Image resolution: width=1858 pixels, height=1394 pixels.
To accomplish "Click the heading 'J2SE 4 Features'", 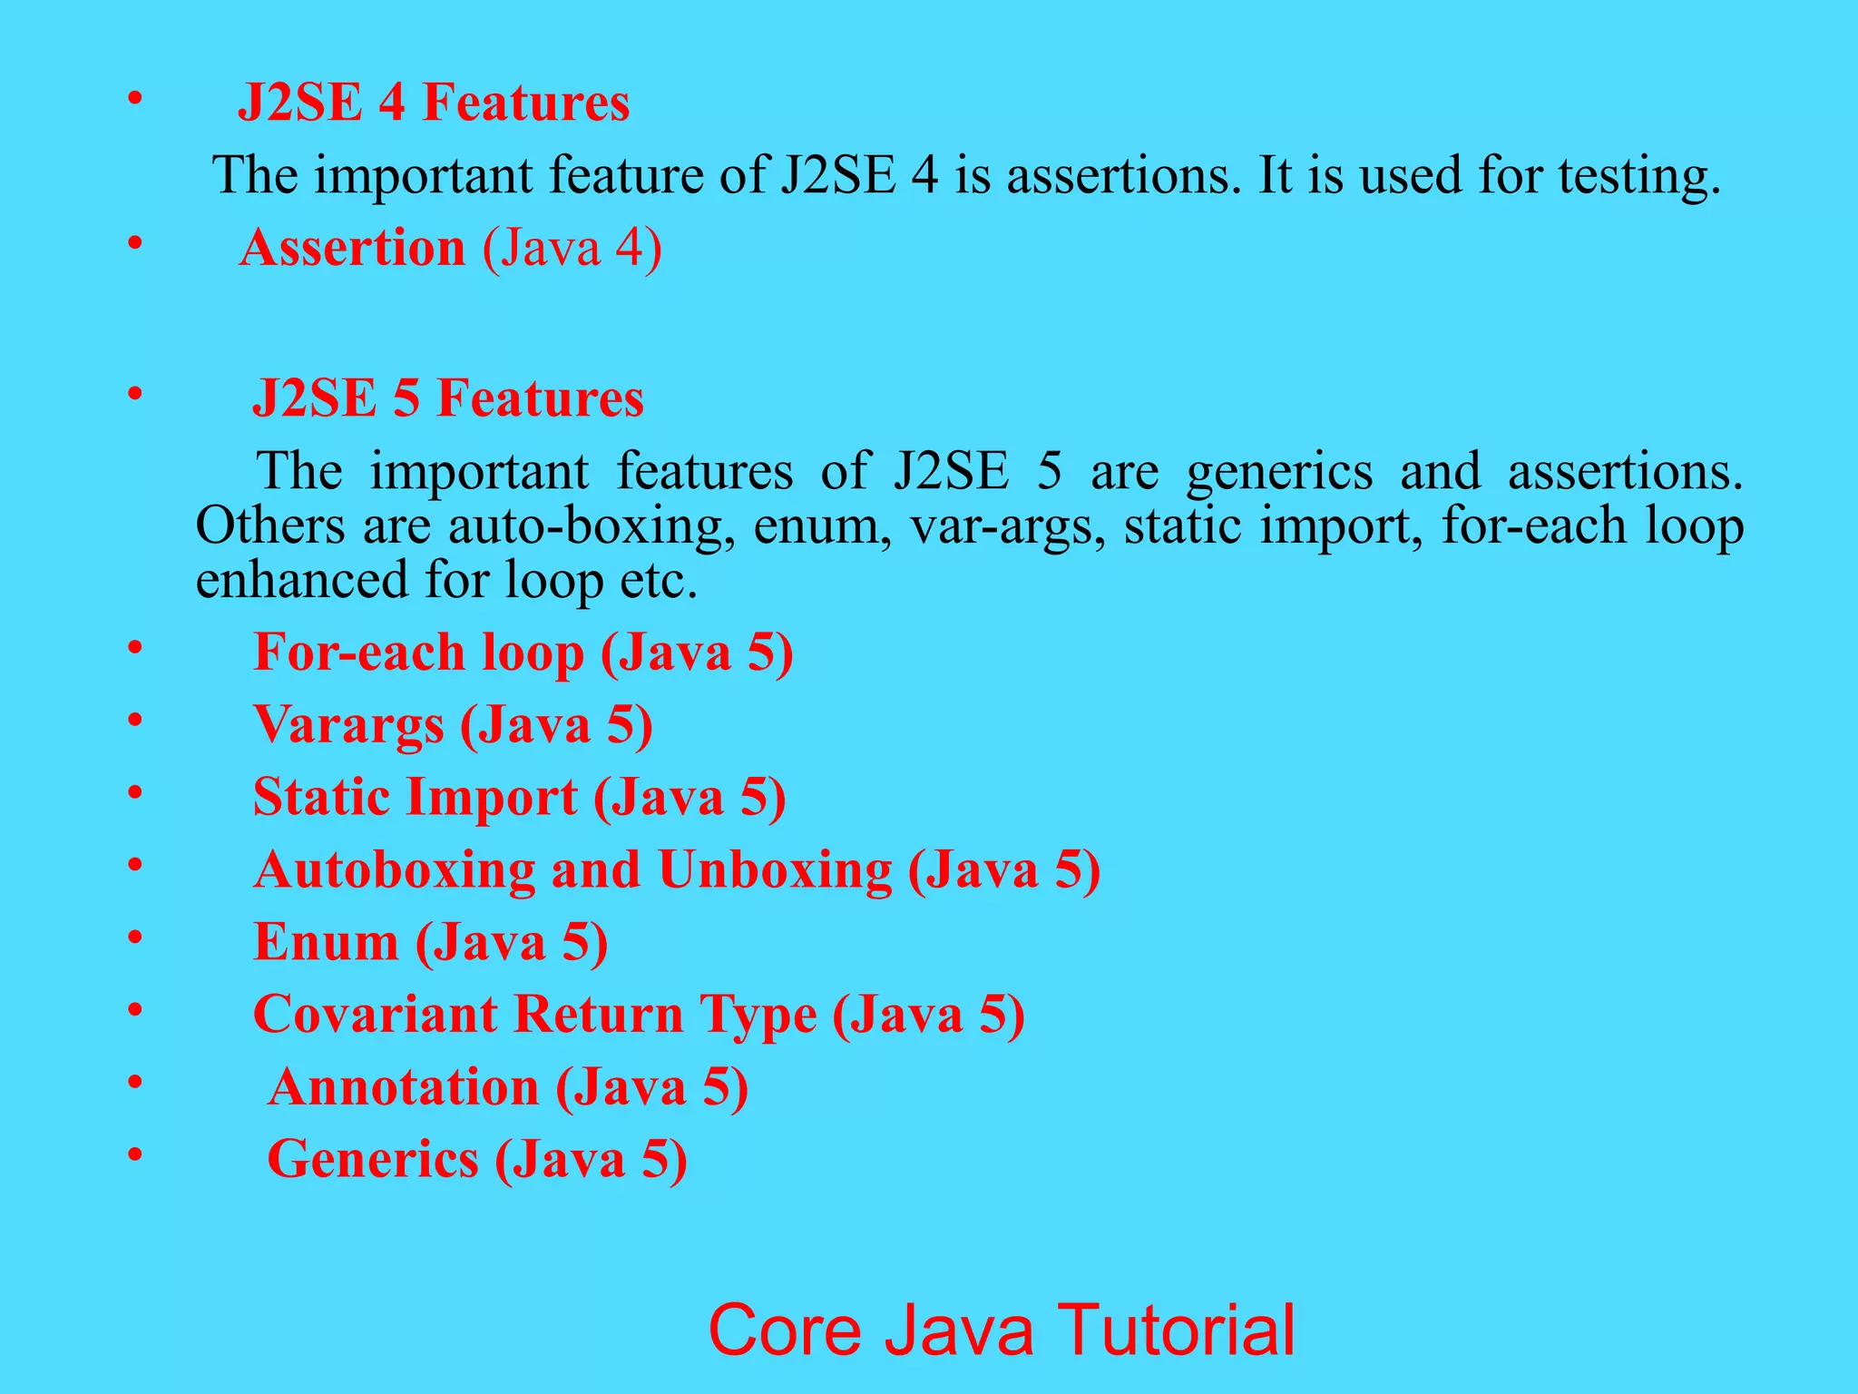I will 433,102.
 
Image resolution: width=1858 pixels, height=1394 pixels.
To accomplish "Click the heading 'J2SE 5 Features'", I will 447,398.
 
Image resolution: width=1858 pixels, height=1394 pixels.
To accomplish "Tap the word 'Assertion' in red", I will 352,247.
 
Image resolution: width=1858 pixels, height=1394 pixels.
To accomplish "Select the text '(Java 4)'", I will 572,247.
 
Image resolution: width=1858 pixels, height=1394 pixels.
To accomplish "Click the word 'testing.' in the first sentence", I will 1639,175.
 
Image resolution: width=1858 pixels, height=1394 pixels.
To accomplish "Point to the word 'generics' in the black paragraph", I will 1279,472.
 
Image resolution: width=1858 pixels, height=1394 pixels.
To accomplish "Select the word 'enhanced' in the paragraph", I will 302,580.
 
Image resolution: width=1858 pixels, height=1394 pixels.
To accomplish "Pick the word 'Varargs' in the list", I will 348,725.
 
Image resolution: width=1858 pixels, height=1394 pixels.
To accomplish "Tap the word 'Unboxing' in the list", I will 775,869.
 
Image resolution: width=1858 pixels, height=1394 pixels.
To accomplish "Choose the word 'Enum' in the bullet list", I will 326,942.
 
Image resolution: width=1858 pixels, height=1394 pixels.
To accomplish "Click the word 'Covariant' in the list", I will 375,1014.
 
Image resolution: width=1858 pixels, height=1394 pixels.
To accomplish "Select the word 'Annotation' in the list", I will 403,1086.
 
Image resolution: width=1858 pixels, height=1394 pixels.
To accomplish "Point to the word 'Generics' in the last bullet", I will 372,1159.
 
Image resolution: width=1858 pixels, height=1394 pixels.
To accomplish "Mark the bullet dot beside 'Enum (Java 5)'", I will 135,938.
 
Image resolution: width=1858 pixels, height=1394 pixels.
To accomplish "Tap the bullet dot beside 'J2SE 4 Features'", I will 135,97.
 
